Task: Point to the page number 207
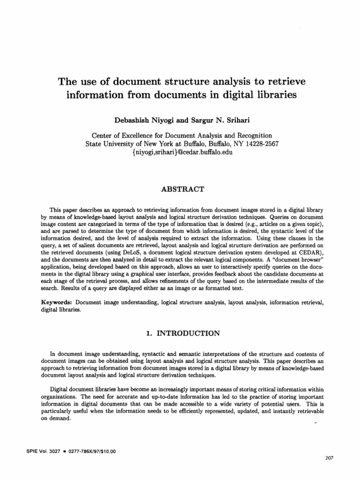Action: [328, 458]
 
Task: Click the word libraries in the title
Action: [275, 95]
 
